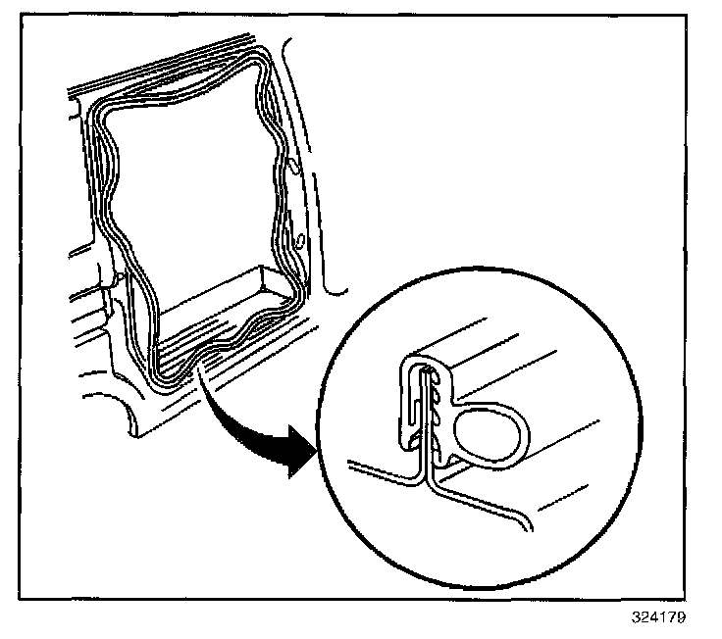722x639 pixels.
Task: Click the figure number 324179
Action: click(658, 618)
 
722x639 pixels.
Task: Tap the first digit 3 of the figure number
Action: click(636, 618)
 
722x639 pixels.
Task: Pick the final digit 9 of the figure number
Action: click(681, 618)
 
